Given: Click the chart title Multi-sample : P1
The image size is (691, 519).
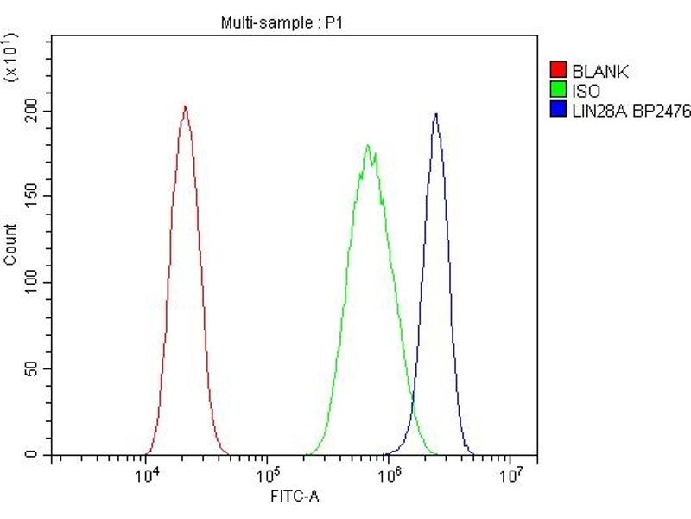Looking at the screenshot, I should (282, 23).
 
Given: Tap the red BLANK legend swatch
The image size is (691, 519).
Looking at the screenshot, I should (558, 71).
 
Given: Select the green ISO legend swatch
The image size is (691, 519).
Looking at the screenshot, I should (558, 90).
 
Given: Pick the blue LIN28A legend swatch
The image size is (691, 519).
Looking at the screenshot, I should (558, 109).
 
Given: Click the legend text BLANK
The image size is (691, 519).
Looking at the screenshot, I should (595, 71).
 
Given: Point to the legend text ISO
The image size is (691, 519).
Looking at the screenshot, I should (585, 90).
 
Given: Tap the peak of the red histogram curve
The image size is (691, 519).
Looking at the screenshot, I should (185, 107).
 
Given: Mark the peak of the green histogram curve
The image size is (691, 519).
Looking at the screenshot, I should (368, 145).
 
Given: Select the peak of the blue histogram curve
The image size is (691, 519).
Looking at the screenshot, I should (436, 114).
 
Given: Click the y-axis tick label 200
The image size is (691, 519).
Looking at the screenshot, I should (33, 112).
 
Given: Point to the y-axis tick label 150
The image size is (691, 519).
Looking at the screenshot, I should (33, 197).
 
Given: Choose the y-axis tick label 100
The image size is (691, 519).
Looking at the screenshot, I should (33, 283).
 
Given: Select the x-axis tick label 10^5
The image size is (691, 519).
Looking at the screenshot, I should (270, 474).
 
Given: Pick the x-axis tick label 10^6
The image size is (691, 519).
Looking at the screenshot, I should (391, 474).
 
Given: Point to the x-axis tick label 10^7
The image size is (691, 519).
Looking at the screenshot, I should (513, 474).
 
